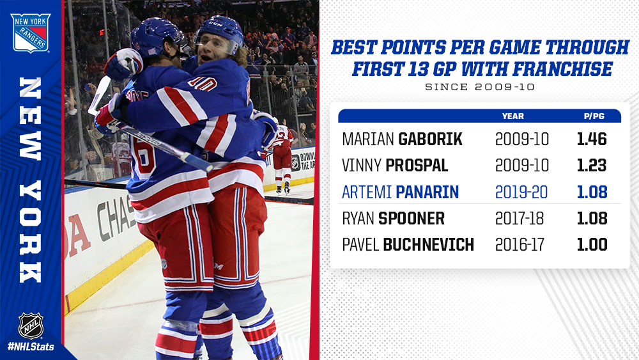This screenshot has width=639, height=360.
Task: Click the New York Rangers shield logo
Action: click(31, 33)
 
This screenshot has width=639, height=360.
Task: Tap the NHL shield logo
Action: click(31, 325)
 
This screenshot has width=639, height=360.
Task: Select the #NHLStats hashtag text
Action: click(31, 347)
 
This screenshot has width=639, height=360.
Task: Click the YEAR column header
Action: click(512, 116)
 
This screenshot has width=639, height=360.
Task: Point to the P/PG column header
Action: click(594, 116)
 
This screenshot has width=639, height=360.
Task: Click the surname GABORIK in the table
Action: click(430, 139)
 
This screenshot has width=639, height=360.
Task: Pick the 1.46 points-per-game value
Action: click(592, 139)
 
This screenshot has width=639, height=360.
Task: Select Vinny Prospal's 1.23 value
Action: click(592, 166)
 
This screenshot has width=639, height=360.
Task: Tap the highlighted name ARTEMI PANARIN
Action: click(400, 192)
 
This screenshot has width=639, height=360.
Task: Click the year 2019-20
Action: click(521, 192)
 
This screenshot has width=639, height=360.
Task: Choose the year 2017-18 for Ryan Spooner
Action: click(519, 219)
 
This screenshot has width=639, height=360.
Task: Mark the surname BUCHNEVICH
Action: click(428, 245)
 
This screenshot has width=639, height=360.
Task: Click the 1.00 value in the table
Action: click(592, 245)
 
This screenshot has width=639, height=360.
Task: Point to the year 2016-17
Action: click(520, 245)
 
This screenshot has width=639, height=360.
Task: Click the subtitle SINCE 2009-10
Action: click(480, 87)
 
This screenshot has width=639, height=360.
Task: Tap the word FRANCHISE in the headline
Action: click(562, 68)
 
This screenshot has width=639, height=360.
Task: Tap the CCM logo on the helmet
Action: click(215, 24)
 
